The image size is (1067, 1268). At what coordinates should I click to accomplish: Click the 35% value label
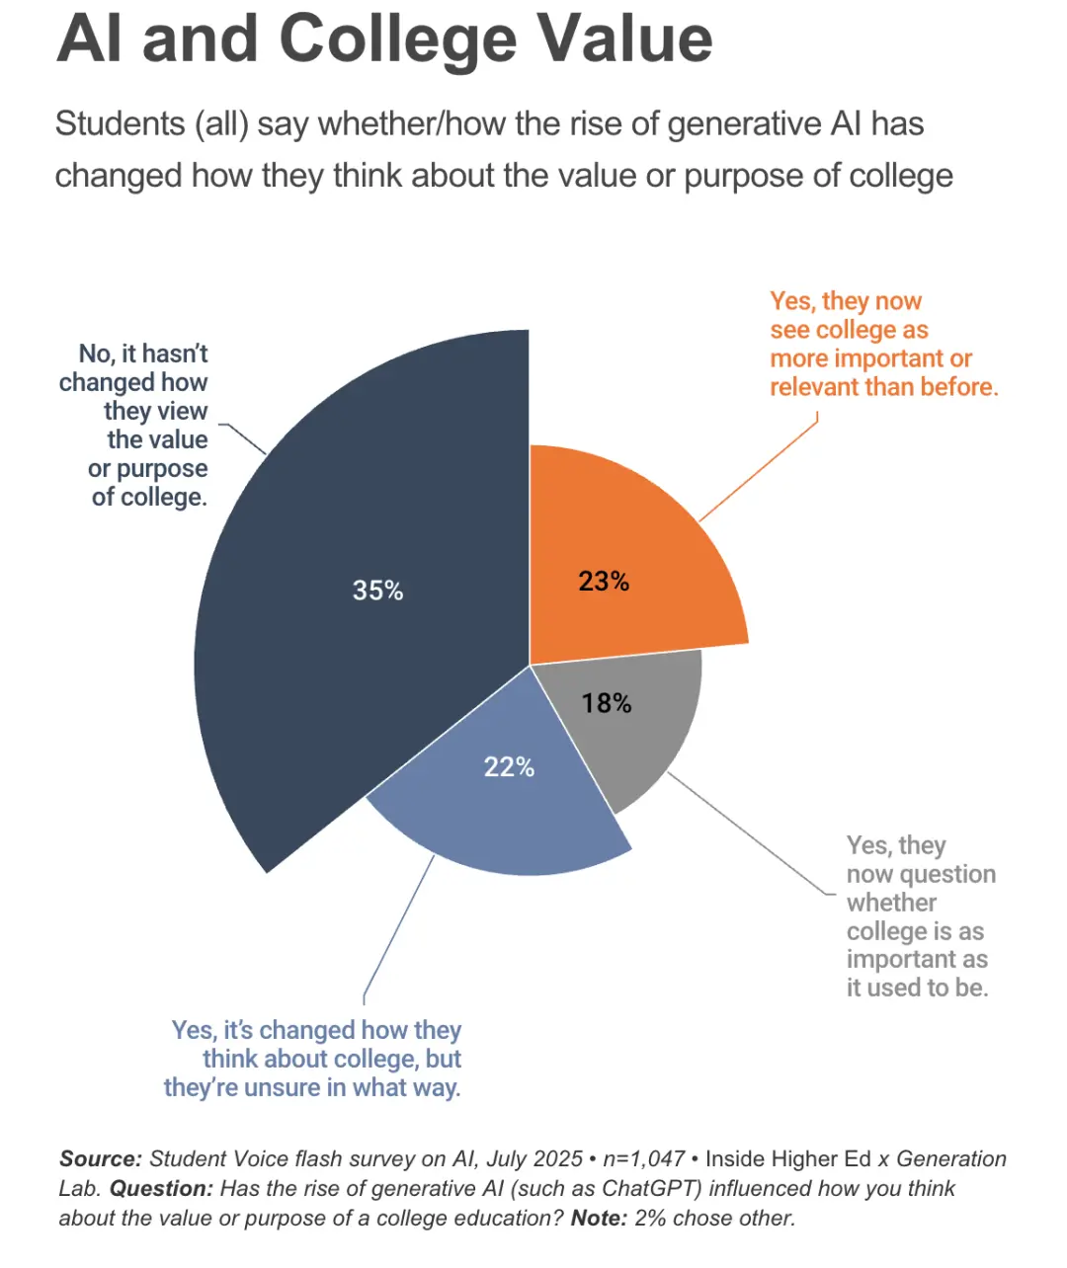[x=377, y=591]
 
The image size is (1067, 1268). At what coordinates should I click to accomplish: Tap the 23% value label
[x=604, y=581]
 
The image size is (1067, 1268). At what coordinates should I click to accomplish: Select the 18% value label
[x=607, y=703]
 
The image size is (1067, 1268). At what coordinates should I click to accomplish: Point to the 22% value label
[x=509, y=766]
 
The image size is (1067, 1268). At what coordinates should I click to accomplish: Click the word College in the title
[x=397, y=40]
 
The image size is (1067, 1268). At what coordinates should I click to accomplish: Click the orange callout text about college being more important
[x=883, y=344]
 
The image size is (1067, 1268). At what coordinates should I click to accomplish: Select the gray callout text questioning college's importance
[x=919, y=916]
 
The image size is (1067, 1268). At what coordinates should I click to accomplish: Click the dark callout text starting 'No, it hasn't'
[x=138, y=425]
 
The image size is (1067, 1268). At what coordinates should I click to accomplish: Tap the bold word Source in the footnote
[x=101, y=1158]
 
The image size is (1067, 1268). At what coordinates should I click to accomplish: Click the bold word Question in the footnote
[x=161, y=1188]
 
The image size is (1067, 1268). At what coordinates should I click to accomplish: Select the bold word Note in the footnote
[x=599, y=1218]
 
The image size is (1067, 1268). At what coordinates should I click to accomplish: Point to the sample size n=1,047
[x=643, y=1158]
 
